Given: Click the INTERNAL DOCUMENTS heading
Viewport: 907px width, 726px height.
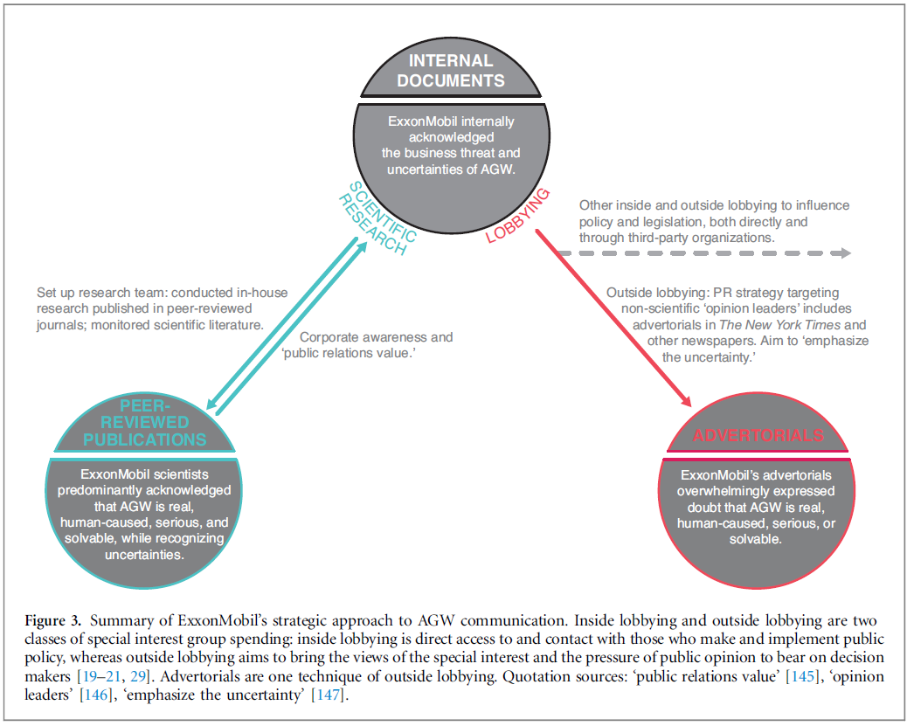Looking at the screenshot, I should (457, 71).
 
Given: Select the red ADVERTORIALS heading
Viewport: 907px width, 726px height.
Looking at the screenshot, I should (758, 434).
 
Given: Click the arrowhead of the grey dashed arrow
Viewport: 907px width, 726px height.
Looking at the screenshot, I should (844, 253).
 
